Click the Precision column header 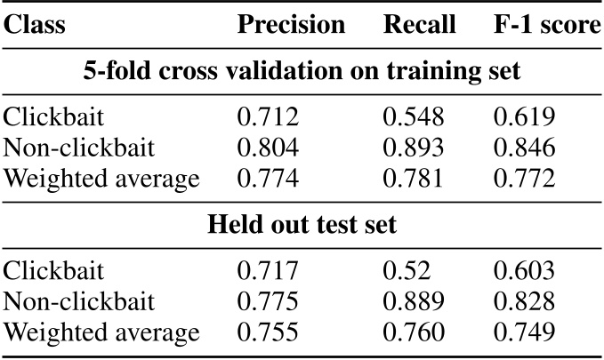[291, 25]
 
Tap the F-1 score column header [546, 25]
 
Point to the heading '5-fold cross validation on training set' [302, 72]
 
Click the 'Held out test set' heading [302, 224]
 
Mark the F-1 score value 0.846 [524, 148]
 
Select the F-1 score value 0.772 [524, 180]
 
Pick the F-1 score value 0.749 [524, 332]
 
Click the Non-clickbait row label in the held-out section [77, 300]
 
